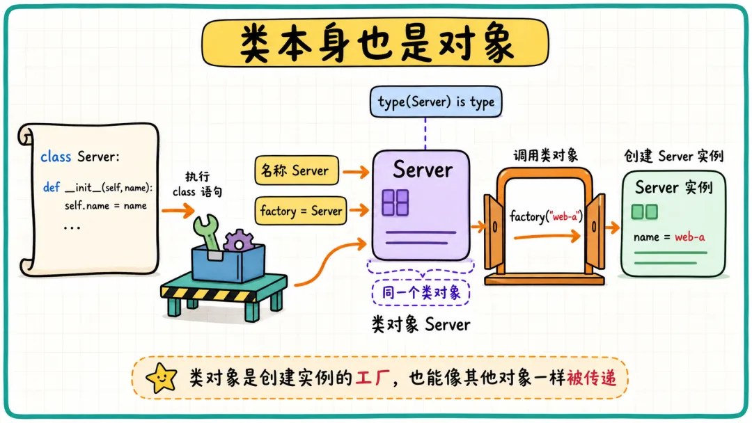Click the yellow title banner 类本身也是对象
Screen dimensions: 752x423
point(375,42)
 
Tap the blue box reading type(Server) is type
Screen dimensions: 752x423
point(436,102)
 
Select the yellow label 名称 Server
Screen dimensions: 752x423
point(297,170)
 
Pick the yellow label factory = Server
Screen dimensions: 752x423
point(301,211)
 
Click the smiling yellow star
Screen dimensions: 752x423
point(161,378)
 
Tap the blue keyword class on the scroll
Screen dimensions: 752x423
point(56,157)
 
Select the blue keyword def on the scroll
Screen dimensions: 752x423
point(52,187)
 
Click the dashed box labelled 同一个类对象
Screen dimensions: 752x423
point(421,292)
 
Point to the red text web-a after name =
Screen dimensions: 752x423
point(689,237)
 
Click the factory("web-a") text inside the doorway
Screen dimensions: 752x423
point(546,216)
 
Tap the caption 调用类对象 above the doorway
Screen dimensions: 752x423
point(545,155)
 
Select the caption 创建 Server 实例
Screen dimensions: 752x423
point(673,156)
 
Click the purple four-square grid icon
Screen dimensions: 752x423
point(395,202)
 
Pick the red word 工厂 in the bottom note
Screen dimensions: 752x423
point(373,378)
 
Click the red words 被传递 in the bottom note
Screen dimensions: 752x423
point(591,378)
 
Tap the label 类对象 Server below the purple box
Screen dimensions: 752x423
point(421,324)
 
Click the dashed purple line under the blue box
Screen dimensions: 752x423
point(425,134)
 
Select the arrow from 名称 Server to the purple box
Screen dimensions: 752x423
point(356,172)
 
